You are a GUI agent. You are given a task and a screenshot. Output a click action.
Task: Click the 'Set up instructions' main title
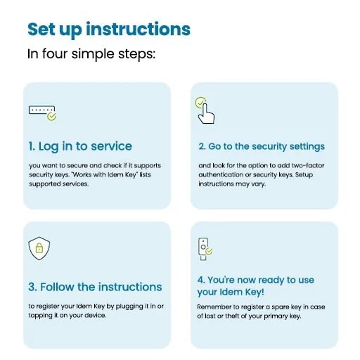(x=109, y=30)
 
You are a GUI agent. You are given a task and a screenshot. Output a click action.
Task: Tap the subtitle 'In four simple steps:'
(x=91, y=54)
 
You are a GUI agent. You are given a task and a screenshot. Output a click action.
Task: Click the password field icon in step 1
(x=42, y=113)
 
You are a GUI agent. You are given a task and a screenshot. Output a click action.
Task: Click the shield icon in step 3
(x=39, y=248)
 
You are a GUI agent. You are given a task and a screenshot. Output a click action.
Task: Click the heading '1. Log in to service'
(x=80, y=147)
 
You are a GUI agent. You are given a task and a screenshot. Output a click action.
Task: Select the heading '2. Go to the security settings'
(x=262, y=147)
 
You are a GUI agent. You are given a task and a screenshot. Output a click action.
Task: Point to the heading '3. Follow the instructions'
(x=95, y=287)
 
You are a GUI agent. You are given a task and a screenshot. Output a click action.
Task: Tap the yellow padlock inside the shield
(x=39, y=247)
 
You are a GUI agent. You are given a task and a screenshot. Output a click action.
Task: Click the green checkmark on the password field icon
(x=51, y=116)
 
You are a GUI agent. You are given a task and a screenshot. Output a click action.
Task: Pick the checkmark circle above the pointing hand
(x=200, y=103)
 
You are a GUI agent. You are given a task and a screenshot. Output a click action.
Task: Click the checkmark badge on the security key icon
(x=209, y=251)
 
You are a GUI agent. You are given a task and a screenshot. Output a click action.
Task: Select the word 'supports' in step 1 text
(x=148, y=166)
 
